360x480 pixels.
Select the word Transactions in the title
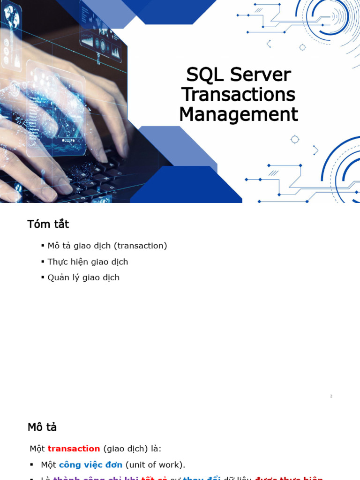[x=238, y=95]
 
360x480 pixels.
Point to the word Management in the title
[x=238, y=114]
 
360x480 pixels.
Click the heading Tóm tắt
[x=48, y=225]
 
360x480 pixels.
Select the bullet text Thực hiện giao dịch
[x=88, y=262]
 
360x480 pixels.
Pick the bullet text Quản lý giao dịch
[x=83, y=277]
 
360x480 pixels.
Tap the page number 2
[x=331, y=396]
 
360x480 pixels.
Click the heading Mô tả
[x=42, y=427]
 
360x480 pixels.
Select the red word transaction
[x=74, y=449]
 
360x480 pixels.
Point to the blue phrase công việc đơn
[x=90, y=465]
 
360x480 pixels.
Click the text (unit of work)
[x=155, y=465]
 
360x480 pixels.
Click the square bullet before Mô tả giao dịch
[x=43, y=246]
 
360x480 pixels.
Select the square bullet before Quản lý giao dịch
[x=43, y=277]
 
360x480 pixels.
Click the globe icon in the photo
[x=11, y=17]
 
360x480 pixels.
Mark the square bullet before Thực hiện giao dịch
[x=43, y=262]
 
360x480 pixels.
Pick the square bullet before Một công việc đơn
[x=31, y=465]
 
